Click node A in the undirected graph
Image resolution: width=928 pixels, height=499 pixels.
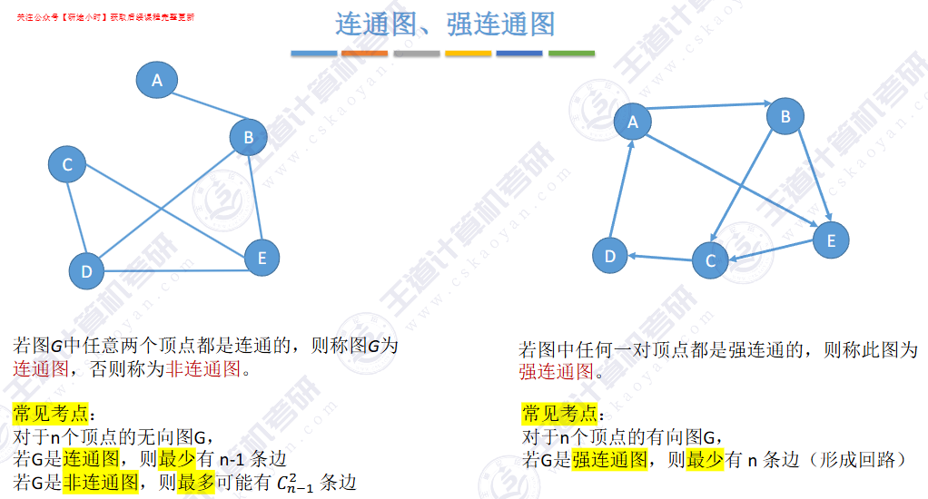(x=157, y=80)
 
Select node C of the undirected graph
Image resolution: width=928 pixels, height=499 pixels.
(x=67, y=165)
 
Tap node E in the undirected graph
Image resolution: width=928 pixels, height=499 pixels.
(x=262, y=258)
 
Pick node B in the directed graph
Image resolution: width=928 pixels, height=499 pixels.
(x=785, y=116)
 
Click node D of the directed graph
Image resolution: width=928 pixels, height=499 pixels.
(x=610, y=257)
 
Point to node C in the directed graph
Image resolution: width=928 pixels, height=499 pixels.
(x=710, y=261)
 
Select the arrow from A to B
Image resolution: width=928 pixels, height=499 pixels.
(x=709, y=107)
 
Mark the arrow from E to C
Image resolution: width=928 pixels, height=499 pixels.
(x=771, y=251)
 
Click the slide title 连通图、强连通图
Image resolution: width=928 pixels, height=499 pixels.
(x=445, y=24)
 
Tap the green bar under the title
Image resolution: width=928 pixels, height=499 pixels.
(x=571, y=54)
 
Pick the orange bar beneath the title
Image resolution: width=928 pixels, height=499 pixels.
(x=364, y=54)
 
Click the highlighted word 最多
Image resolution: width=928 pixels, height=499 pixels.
(x=197, y=482)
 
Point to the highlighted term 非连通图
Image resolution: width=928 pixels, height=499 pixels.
(x=100, y=482)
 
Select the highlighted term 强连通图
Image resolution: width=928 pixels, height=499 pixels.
(x=609, y=460)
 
